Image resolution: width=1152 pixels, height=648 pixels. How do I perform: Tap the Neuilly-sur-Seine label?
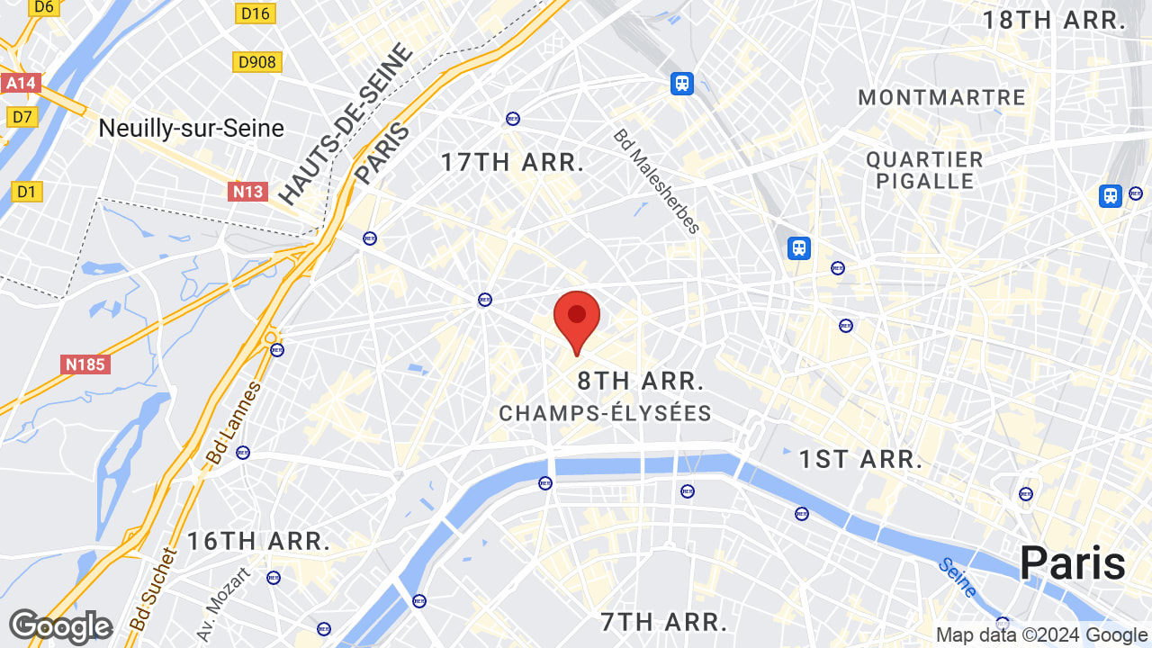point(191,129)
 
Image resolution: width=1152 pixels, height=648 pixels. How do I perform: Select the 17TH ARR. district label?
point(512,163)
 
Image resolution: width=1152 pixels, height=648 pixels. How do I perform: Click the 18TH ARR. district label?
point(1054,21)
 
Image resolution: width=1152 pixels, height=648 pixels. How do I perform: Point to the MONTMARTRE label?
point(941,97)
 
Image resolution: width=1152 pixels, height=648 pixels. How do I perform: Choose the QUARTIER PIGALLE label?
point(924,170)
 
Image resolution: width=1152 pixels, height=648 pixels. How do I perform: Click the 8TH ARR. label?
point(640,381)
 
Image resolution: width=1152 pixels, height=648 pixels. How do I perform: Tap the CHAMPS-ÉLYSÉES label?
point(605,413)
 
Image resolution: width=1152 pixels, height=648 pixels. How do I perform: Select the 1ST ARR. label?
point(861,459)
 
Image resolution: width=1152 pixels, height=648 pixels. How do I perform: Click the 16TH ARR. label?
point(258,541)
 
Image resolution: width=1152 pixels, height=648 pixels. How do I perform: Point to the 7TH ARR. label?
point(663,621)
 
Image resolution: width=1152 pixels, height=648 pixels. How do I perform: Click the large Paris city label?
point(1072,563)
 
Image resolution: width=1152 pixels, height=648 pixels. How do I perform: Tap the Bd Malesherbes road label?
point(656,181)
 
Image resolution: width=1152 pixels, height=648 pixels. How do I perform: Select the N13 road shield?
point(247,191)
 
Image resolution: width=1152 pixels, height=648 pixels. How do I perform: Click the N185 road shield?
point(86,364)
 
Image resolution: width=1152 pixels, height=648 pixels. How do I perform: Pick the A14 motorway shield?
point(20,84)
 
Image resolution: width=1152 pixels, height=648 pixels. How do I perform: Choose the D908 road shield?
point(256,61)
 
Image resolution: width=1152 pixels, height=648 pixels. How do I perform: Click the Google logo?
point(60,626)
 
